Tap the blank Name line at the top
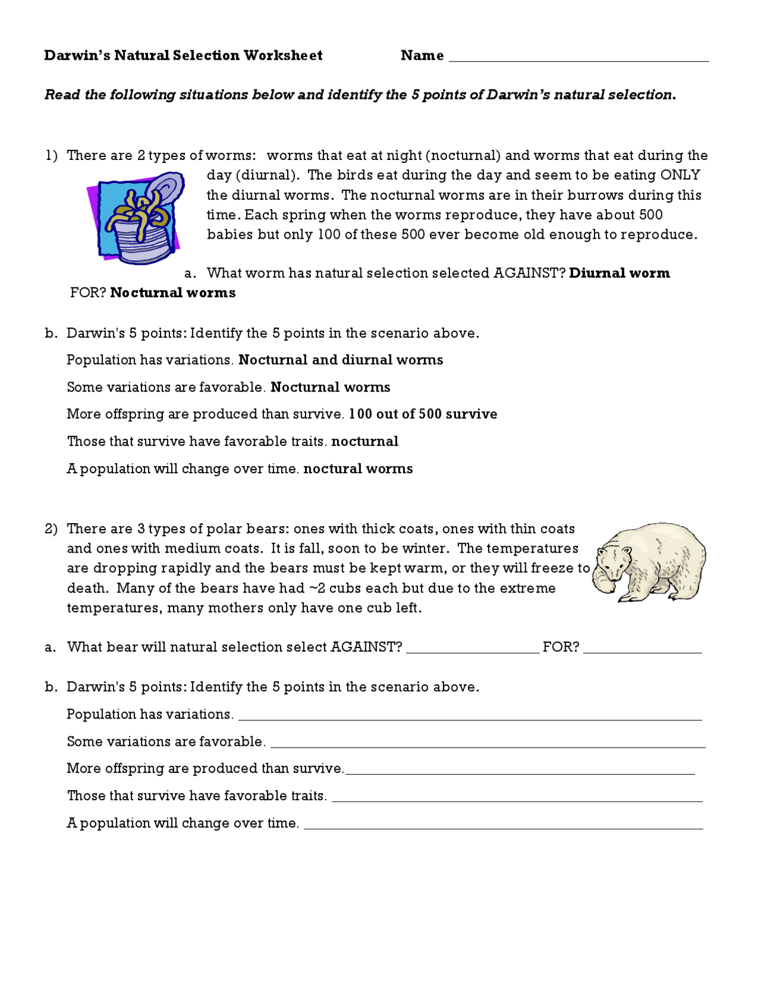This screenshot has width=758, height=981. tap(579, 56)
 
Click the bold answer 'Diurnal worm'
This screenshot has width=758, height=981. tap(619, 273)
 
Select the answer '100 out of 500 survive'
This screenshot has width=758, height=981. tap(423, 414)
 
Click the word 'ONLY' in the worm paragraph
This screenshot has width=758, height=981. tap(680, 175)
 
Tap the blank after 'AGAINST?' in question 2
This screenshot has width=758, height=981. tap(473, 647)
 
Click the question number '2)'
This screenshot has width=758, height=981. tap(52, 529)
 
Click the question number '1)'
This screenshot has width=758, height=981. tap(52, 156)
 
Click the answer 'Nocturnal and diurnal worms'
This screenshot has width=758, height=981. tap(341, 360)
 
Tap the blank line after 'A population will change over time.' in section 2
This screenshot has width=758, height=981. tap(503, 823)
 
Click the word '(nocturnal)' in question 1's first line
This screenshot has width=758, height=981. tap(462, 156)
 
